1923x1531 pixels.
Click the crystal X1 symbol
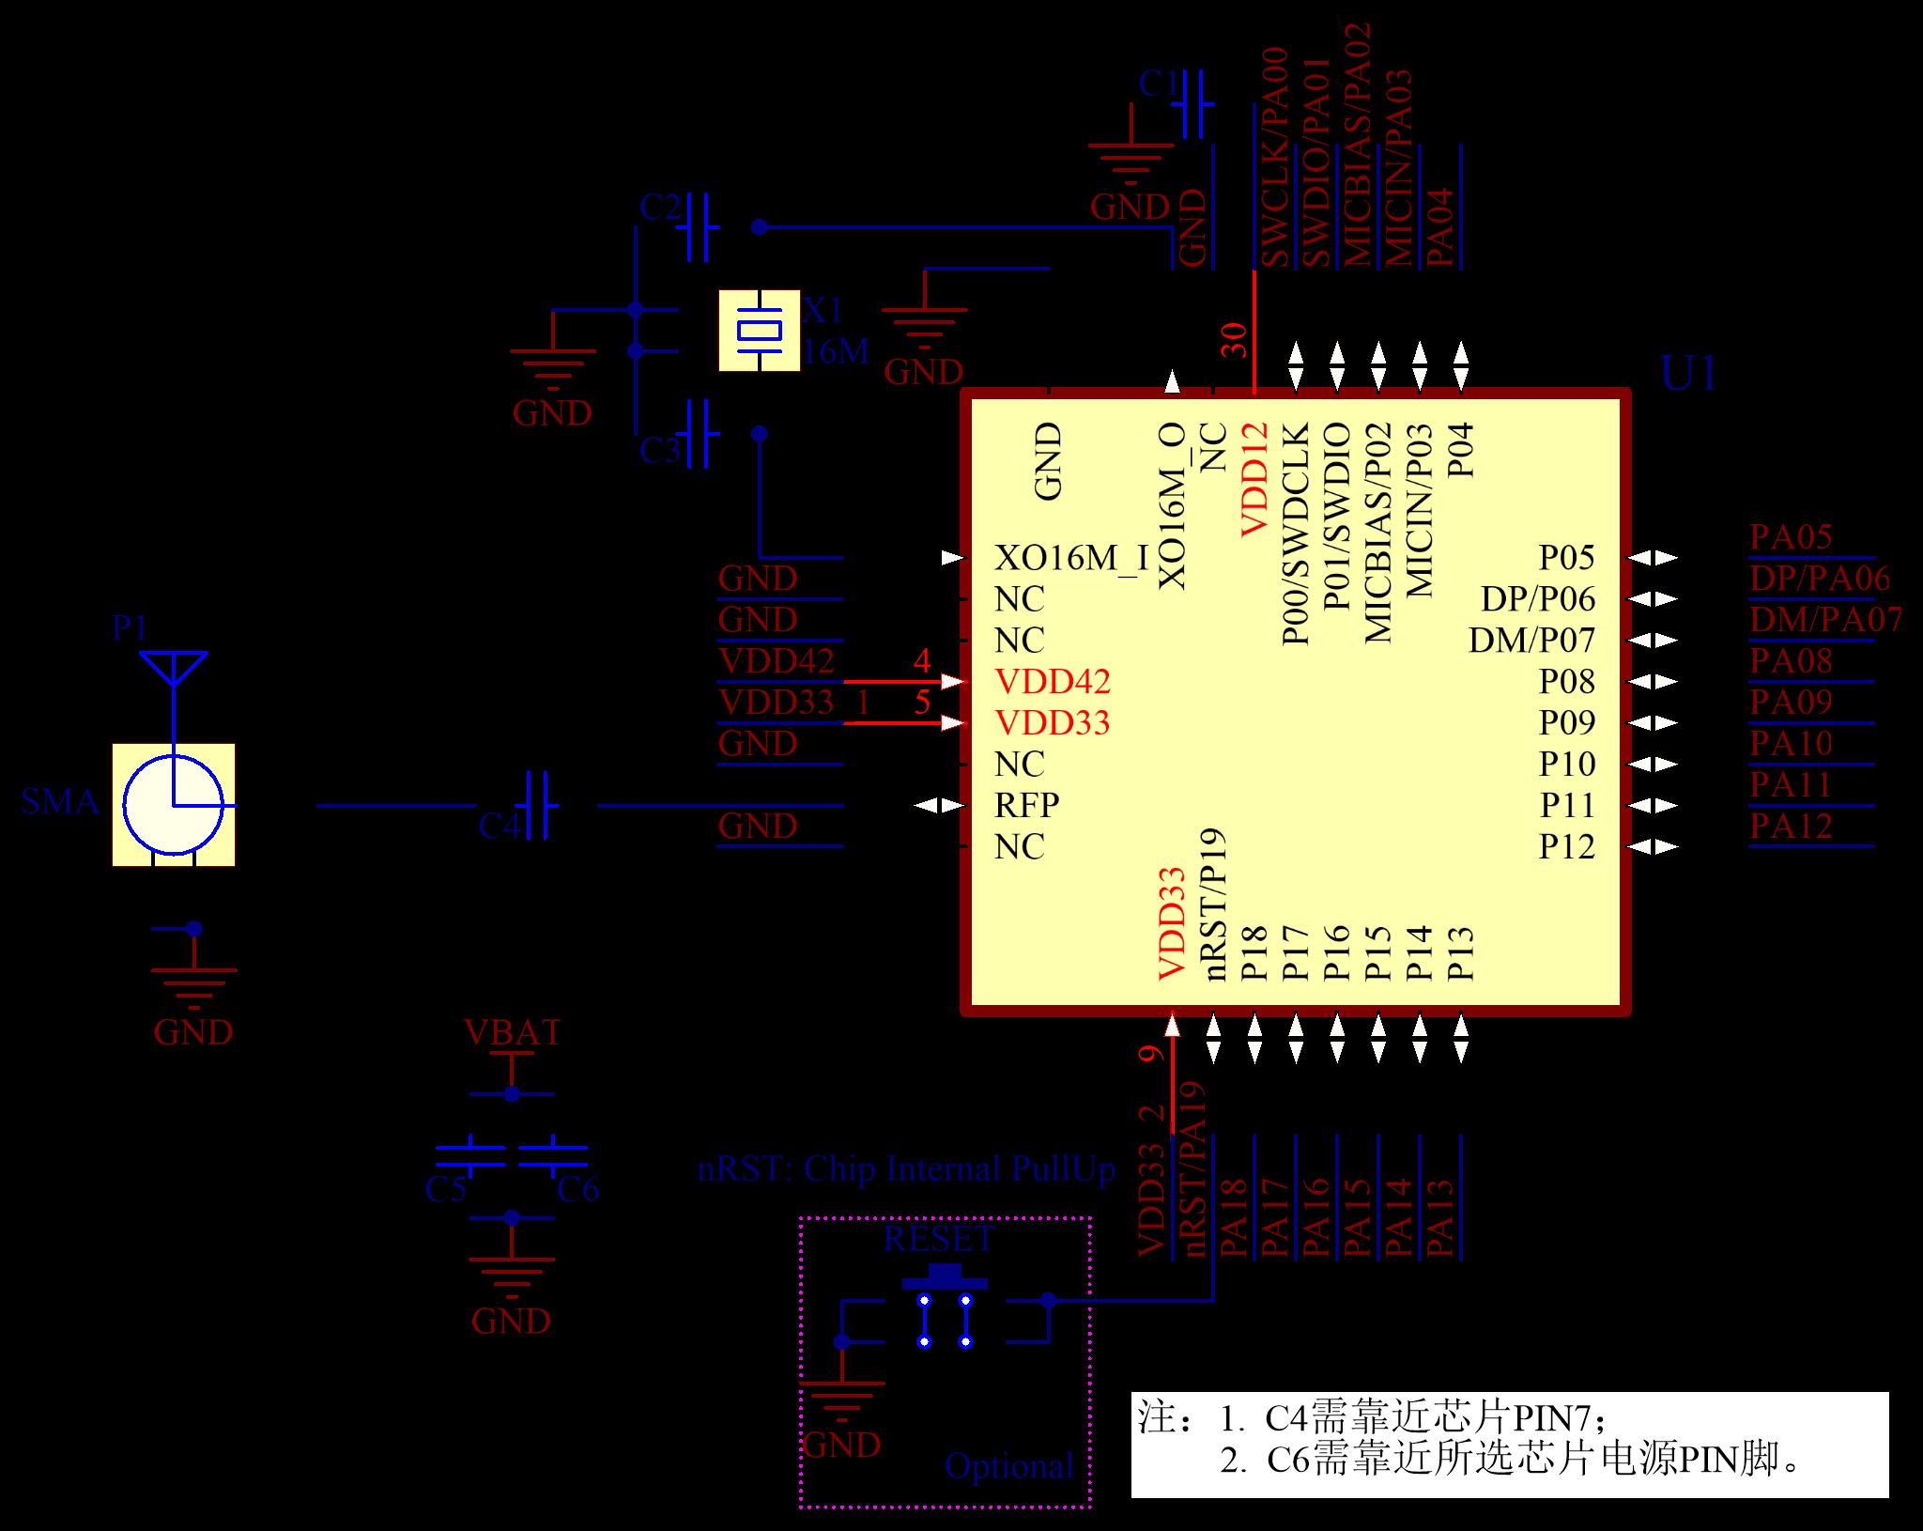coord(759,331)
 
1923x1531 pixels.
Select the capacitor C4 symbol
coord(538,805)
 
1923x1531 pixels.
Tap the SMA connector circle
coord(174,805)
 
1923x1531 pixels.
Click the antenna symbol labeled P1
coord(173,668)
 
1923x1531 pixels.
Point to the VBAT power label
coord(512,1032)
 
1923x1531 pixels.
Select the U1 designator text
coord(1688,375)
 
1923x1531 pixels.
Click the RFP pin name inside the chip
coord(1026,805)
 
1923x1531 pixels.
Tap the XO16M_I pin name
coord(1070,558)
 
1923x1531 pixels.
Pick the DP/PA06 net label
coord(1819,579)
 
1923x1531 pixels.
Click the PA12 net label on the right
coord(1791,827)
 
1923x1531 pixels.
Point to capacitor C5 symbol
coord(470,1155)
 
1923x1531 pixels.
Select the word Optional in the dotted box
coord(1008,1465)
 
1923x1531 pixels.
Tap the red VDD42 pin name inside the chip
coord(1052,681)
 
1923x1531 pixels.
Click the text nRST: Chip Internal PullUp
coord(905,1168)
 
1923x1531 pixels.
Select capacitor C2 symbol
coord(698,226)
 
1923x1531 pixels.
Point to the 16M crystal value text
coord(836,351)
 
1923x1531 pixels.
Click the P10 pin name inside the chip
coord(1566,764)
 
